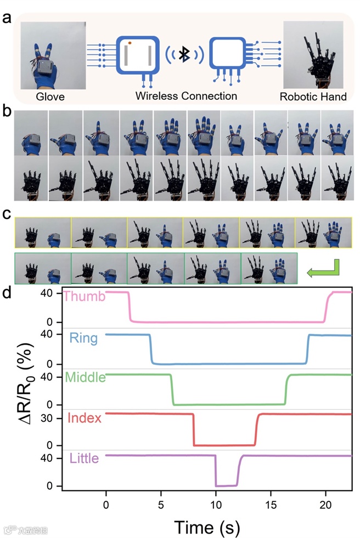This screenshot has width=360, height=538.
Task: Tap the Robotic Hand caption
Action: tap(313, 97)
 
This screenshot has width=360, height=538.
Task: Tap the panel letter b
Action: tap(7, 115)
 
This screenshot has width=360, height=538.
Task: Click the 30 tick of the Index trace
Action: tap(53, 417)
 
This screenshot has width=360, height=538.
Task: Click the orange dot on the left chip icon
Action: tap(130, 42)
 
